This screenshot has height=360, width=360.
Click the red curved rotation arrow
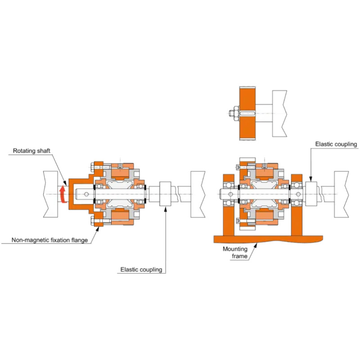(63, 195)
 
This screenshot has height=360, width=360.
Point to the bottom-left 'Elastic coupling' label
(141, 270)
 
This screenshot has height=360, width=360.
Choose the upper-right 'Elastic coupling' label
(336, 144)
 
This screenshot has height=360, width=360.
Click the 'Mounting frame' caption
(238, 252)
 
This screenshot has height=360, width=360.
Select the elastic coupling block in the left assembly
(165, 194)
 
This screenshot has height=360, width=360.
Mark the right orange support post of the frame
(297, 207)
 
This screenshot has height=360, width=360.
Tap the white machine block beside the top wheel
(279, 113)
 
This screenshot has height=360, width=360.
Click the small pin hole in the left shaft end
(84, 194)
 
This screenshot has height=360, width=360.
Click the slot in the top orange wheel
(248, 113)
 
